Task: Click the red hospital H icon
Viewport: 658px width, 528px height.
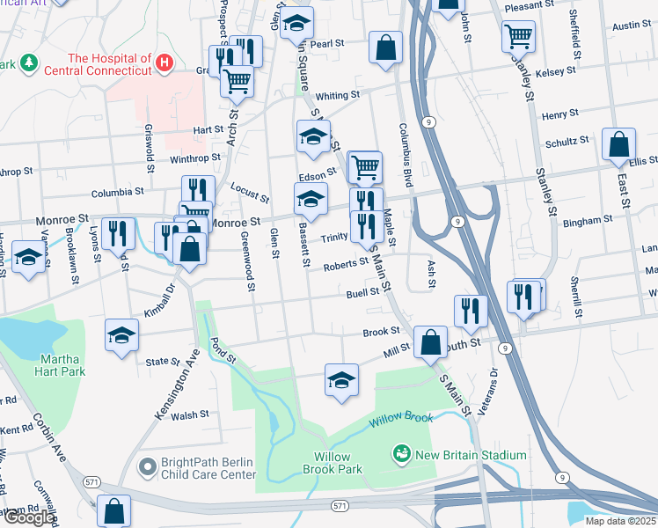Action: click(164, 63)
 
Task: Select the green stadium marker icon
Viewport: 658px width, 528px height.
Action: click(402, 454)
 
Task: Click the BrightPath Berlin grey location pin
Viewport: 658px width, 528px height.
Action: click(146, 468)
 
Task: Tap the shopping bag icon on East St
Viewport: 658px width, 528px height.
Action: click(619, 143)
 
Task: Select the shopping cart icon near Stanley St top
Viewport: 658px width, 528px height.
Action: click(519, 36)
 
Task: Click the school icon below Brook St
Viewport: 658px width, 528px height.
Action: click(341, 379)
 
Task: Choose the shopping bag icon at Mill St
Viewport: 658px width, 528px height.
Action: click(430, 342)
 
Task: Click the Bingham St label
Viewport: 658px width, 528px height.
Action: click(587, 219)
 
